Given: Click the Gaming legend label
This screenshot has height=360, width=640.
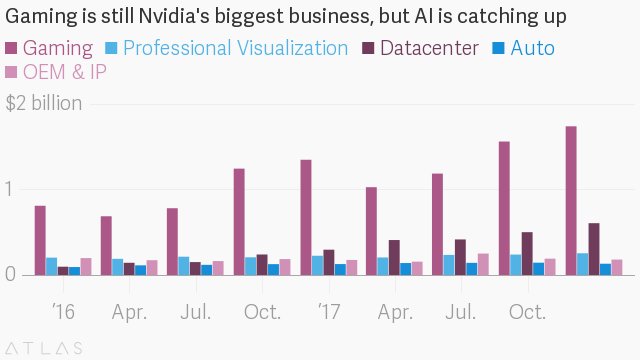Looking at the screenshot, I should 58,48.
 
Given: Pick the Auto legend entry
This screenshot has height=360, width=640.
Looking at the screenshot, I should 531,48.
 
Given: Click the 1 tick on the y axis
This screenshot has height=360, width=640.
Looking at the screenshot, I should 11,189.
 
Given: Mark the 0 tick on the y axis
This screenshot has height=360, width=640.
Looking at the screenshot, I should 11,275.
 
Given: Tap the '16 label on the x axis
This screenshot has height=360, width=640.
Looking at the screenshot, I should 63,312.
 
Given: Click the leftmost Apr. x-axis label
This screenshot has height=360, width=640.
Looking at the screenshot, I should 131,312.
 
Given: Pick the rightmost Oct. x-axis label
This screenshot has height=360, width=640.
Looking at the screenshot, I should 527,312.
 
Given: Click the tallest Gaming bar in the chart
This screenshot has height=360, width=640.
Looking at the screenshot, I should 570,200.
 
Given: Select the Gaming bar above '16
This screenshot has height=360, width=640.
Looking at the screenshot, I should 40,240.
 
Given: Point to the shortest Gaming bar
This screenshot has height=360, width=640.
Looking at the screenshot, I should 106,245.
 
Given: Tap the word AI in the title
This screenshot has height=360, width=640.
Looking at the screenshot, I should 428,19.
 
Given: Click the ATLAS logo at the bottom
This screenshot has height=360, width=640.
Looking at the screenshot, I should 46,348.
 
